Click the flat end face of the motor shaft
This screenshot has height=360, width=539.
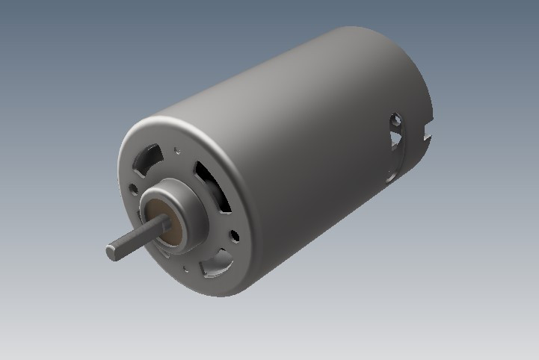(111, 252)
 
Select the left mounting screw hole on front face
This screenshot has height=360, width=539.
(134, 190)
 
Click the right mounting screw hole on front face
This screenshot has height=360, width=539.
(235, 237)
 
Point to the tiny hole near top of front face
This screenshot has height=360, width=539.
(177, 149)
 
